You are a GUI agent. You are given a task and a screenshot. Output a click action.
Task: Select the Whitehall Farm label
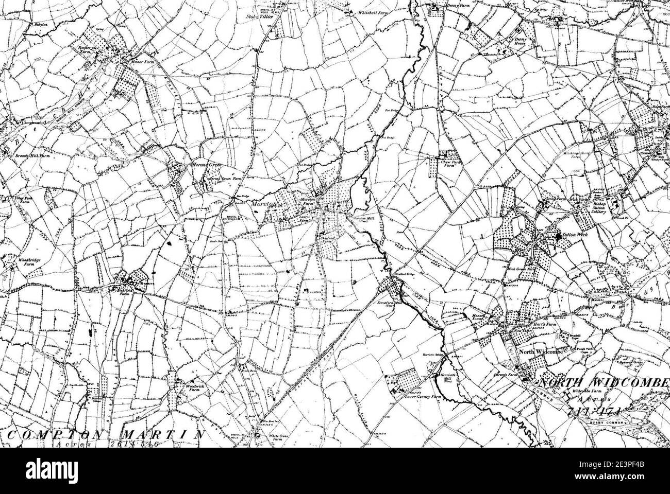367,12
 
